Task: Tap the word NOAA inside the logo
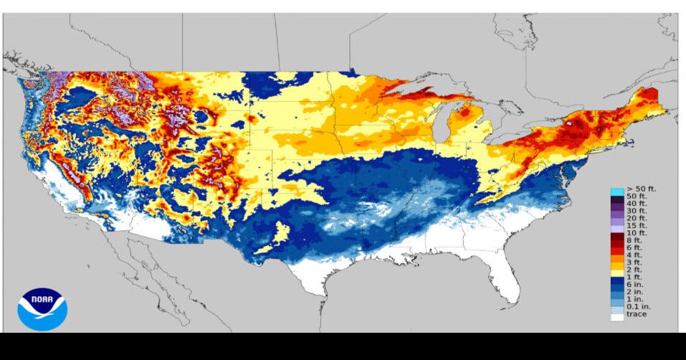[42, 297]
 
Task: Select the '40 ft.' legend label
[637, 204]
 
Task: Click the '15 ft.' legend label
[637, 226]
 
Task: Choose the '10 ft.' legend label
[637, 233]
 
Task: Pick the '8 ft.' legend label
[636, 241]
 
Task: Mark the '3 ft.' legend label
[636, 263]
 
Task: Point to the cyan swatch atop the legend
[616, 190]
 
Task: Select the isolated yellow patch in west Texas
[282, 232]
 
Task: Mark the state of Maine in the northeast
[649, 100]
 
